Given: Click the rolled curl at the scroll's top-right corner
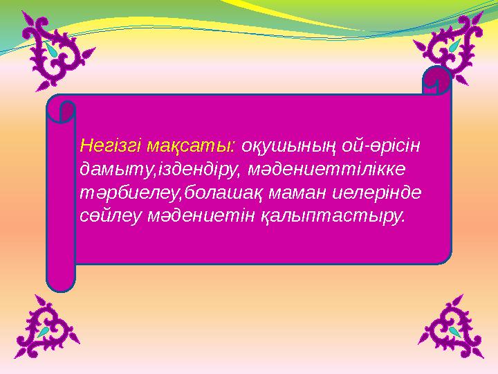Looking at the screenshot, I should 436,82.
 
